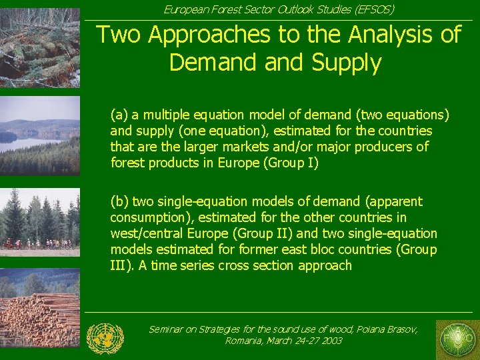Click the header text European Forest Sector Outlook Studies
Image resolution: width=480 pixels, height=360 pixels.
pos(279,9)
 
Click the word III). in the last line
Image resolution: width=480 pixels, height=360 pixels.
pos(121,265)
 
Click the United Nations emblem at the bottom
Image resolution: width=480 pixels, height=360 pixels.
pos(105,338)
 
